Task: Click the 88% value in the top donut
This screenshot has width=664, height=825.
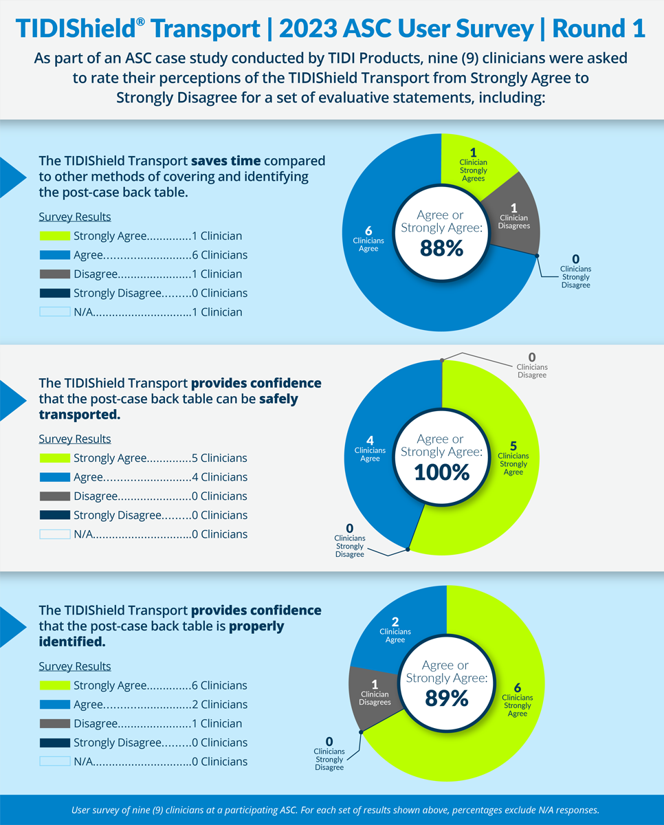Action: (x=441, y=247)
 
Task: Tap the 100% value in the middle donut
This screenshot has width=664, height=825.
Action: (x=441, y=472)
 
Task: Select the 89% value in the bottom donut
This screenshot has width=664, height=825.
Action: (x=446, y=698)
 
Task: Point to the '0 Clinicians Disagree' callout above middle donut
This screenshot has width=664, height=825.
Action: (x=531, y=366)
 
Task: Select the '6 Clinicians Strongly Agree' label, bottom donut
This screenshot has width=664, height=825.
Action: (x=517, y=700)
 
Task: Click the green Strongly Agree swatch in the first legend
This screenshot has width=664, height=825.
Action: (x=54, y=236)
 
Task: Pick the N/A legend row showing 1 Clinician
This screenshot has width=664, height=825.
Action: (x=140, y=312)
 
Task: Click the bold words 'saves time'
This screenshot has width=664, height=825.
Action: (x=225, y=161)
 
